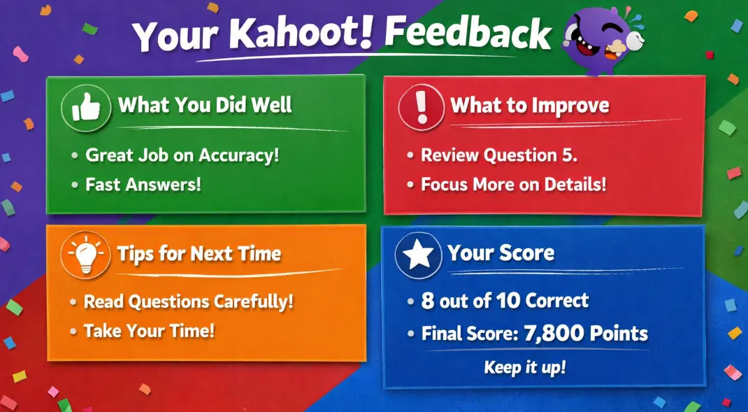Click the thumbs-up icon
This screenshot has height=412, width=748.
click(87, 108)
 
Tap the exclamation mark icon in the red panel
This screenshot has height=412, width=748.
click(422, 108)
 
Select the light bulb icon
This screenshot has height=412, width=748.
click(86, 255)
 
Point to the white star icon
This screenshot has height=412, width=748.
click(419, 255)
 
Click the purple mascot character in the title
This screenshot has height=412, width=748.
click(603, 40)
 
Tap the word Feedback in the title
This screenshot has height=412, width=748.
click(468, 34)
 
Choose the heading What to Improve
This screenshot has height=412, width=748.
click(530, 105)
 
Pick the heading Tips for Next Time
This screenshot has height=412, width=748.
click(199, 253)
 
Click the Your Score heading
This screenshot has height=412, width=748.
click(501, 253)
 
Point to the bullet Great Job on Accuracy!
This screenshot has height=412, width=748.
click(182, 155)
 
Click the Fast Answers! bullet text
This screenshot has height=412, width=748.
click(143, 184)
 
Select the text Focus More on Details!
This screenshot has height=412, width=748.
click(513, 184)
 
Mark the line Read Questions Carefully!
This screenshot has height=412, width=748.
click(189, 301)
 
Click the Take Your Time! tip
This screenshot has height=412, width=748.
click(150, 331)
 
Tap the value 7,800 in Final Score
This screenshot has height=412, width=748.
click(554, 334)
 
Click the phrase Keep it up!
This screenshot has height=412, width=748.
click(525, 367)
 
